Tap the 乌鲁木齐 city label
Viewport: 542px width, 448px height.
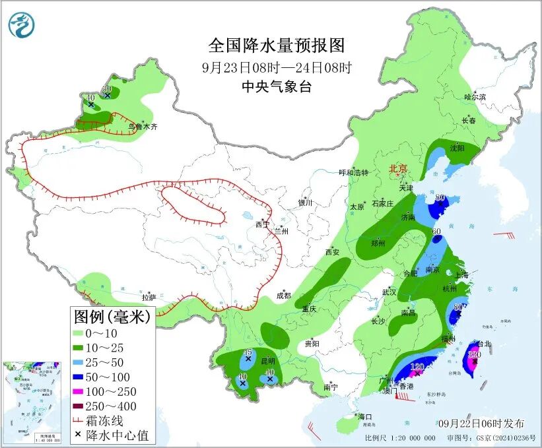143,126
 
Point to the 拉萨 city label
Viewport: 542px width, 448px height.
149,298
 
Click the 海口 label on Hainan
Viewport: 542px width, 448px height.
365,417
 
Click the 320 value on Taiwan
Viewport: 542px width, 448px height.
473,354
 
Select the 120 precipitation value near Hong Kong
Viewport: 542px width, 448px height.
417,367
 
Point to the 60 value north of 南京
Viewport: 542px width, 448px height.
436,231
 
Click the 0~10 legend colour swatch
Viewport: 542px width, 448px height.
82,333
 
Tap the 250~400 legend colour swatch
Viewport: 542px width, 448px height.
82,406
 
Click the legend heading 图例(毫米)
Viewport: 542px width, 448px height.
112,317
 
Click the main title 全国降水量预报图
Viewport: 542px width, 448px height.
277,46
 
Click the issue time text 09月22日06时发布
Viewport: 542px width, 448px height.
481,423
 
